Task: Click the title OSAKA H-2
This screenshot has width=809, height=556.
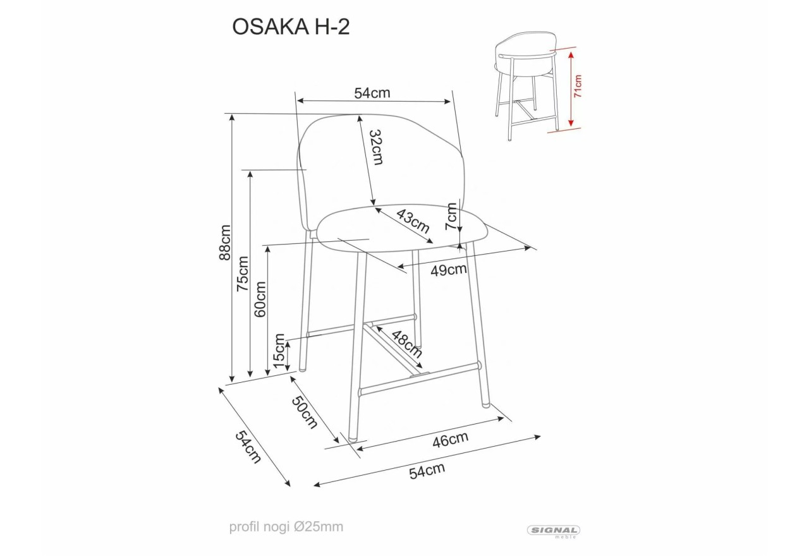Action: click(290, 27)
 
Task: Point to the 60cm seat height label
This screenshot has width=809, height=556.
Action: click(260, 298)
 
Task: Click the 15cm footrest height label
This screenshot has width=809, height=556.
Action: click(279, 353)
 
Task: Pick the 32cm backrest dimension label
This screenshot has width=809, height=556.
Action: click(375, 147)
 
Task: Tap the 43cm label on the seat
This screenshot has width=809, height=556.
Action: click(413, 221)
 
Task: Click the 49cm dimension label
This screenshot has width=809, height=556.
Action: click(448, 270)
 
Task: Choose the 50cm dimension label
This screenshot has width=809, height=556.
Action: click(305, 412)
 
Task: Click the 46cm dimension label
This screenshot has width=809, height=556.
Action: click(450, 440)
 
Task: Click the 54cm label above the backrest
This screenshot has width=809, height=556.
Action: click(372, 93)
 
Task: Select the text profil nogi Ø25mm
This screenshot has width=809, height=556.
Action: click(286, 527)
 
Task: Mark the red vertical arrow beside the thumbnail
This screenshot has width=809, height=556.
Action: click(571, 88)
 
